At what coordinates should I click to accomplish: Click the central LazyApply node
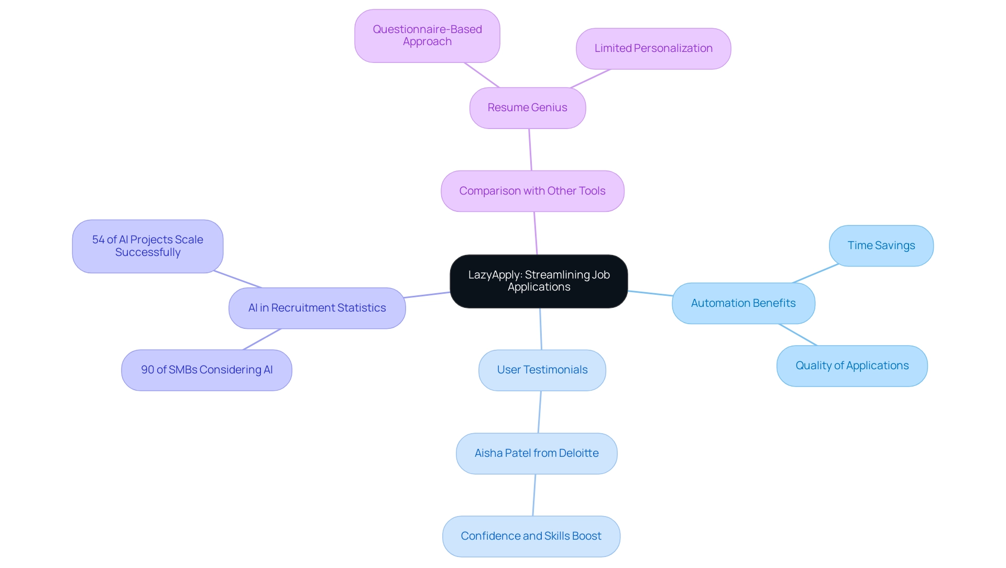(539, 281)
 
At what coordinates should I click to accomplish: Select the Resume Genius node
(527, 108)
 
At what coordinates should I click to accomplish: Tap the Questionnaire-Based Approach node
(427, 36)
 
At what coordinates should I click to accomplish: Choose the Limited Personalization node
(653, 48)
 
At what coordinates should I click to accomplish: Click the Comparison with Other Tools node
(532, 191)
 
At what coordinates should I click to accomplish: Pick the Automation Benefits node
(743, 303)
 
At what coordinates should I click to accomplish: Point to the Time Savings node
(881, 245)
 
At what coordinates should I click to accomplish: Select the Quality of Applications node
(851, 366)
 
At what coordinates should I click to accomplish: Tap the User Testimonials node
(542, 370)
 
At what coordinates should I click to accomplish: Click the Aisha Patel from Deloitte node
(536, 453)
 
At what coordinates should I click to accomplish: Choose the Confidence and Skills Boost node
(531, 536)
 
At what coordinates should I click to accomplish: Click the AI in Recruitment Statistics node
(317, 308)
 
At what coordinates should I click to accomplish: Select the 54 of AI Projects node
(147, 246)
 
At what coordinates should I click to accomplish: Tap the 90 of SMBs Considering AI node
(206, 370)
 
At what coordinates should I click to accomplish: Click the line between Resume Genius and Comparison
(530, 149)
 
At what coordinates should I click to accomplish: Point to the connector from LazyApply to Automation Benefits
(650, 293)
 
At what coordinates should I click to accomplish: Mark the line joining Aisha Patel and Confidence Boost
(534, 495)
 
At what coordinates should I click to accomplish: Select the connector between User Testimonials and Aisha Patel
(539, 412)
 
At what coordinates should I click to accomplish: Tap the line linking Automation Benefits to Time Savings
(816, 274)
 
